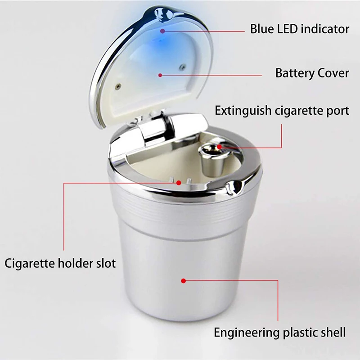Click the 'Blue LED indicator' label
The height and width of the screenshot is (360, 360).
pyautogui.click(x=300, y=29)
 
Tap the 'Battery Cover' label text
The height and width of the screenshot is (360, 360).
pyautogui.click(x=312, y=73)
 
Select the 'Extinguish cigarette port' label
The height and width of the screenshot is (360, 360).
pyautogui.click(x=282, y=111)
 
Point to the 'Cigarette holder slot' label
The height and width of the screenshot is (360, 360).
pyautogui.click(x=60, y=263)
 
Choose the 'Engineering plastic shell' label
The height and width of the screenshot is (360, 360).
pyautogui.click(x=279, y=333)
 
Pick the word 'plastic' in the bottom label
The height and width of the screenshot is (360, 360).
pyautogui.click(x=298, y=333)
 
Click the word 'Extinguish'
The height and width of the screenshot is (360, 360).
pyautogui.click(x=243, y=111)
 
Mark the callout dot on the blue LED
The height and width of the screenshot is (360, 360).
pyautogui.click(x=162, y=31)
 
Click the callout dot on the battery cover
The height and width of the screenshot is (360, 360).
pyautogui.click(x=160, y=75)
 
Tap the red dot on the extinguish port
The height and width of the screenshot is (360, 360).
pyautogui.click(x=219, y=147)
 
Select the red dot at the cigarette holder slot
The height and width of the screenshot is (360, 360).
pyautogui.click(x=179, y=183)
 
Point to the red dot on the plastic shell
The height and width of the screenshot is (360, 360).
pyautogui.click(x=183, y=280)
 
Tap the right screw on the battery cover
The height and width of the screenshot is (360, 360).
pyautogui.click(x=183, y=67)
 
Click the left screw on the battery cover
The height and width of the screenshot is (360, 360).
pyautogui.click(x=118, y=86)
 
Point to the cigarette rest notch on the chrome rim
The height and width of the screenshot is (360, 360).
pyautogui.click(x=234, y=186)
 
